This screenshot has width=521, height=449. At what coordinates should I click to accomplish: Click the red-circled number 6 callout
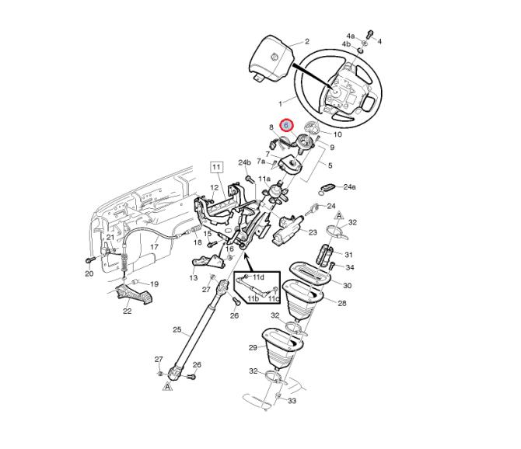pyautogui.click(x=287, y=125)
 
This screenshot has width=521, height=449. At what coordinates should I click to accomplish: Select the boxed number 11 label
pyautogui.click(x=216, y=166)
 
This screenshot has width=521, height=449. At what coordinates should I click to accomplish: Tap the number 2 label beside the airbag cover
pyautogui.click(x=306, y=41)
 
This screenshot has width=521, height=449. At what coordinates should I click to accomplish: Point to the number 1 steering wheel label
pyautogui.click(x=280, y=104)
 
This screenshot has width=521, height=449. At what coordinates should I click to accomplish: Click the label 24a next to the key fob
pyautogui.click(x=349, y=187)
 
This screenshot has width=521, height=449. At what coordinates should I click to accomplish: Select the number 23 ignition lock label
pyautogui.click(x=313, y=232)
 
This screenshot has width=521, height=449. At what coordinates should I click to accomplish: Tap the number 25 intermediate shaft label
pyautogui.click(x=177, y=329)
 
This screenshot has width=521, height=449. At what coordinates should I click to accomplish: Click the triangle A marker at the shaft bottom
pyautogui.click(x=168, y=386)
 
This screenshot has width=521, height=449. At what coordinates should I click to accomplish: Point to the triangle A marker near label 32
pyautogui.click(x=339, y=215)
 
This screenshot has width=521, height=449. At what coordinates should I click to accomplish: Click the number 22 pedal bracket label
pyautogui.click(x=128, y=311)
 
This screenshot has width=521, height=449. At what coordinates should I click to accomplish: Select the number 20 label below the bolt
pyautogui.click(x=89, y=273)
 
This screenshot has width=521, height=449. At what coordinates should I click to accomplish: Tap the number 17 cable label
pyautogui.click(x=154, y=247)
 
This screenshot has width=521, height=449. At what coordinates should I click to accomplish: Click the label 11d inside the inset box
pyautogui.click(x=258, y=277)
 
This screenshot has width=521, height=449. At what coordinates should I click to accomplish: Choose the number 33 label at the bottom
pyautogui.click(x=292, y=401)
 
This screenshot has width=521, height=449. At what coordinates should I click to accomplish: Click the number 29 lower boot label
pyautogui.click(x=254, y=347)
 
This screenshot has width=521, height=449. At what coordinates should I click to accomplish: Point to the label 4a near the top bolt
pyautogui.click(x=351, y=36)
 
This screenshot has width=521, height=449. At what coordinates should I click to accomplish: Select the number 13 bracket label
pyautogui.click(x=194, y=278)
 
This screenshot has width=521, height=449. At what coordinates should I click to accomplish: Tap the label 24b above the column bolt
pyautogui.click(x=244, y=162)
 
